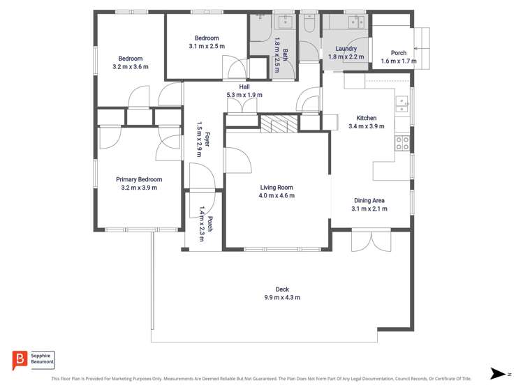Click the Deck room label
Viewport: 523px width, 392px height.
pos(281,289)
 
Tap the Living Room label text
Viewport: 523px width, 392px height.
pos(277,187)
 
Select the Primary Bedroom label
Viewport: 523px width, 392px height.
pos(139,179)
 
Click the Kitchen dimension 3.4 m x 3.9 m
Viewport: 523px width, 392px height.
pos(367,127)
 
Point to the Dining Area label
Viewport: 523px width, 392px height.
pos(369,200)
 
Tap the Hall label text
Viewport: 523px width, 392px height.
pos(244,86)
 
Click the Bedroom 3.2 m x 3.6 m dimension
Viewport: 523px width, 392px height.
pos(130,67)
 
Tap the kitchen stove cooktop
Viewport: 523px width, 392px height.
pos(402,143)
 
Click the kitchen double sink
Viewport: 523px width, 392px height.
pos(402,105)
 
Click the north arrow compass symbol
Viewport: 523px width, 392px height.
pos(498,374)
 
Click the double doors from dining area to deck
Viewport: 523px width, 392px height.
pos(371,241)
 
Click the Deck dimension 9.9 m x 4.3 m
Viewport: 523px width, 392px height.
pos(281,298)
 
